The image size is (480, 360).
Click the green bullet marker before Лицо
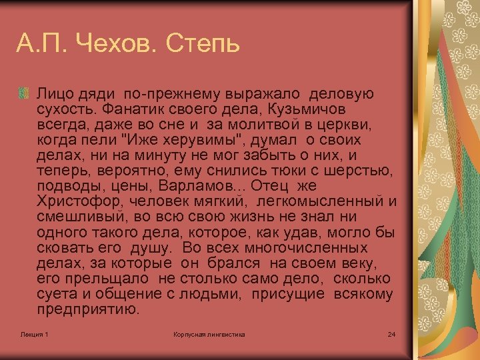coord(25,93)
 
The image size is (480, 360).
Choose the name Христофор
coord(78,201)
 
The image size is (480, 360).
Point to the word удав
coord(304,233)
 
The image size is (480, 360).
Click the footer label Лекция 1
coord(34,334)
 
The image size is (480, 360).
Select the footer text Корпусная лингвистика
coord(209,334)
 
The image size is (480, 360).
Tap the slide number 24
coord(391,334)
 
